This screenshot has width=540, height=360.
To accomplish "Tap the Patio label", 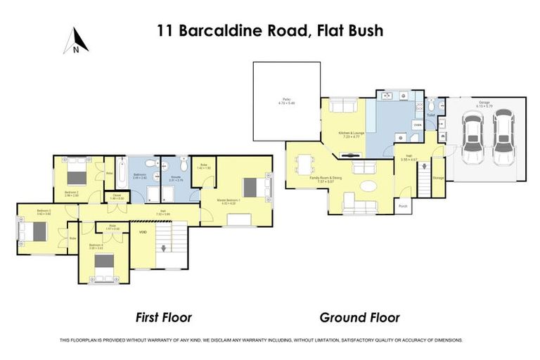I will point(286,101).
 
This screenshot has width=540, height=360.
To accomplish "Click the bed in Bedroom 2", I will point(76,172).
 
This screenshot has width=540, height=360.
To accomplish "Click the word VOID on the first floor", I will point(143,231).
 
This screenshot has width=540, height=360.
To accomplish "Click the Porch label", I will point(404,206).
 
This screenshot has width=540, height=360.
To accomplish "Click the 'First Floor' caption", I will point(162,317).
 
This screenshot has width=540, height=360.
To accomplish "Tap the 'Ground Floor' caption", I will point(359,317).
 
